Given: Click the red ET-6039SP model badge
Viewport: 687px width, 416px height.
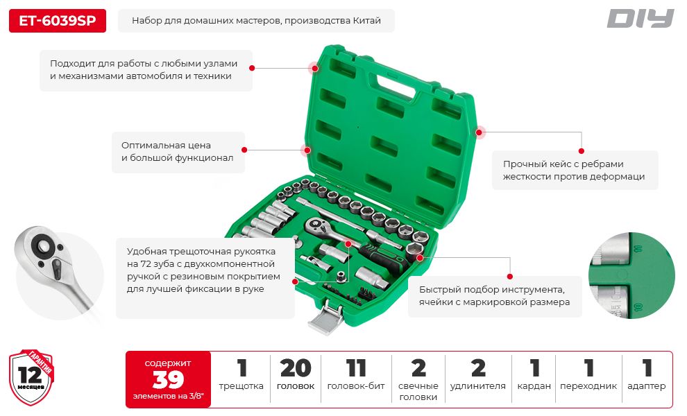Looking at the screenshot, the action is tap(58, 21).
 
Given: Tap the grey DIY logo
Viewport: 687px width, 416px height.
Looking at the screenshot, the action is tap(640, 19).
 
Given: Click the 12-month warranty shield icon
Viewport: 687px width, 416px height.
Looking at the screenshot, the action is tap(31, 377).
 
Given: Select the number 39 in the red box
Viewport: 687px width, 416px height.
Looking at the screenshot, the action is tap(168, 379).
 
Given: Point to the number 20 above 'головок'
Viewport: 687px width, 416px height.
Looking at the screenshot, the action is tap(296, 368).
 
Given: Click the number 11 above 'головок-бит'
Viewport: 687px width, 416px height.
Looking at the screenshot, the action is tap(355, 368).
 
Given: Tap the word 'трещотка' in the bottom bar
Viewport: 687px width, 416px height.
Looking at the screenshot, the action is tap(241, 386).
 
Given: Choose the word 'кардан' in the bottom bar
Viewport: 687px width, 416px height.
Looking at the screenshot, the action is tap(534, 386).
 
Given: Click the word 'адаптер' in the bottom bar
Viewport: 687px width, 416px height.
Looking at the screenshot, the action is tap(646, 386).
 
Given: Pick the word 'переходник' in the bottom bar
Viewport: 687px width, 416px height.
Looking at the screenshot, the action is tap(588, 386).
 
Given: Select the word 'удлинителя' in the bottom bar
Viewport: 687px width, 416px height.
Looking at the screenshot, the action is tap(477, 386).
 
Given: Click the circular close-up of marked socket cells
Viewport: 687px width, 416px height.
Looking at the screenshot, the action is tap(631, 275).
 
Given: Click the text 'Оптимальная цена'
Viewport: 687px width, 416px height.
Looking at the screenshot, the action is tap(166, 146).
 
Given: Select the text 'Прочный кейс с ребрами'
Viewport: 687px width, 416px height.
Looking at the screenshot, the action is tap(563, 164).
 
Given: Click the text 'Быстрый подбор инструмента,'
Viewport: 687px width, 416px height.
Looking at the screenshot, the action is tap(491, 290).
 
